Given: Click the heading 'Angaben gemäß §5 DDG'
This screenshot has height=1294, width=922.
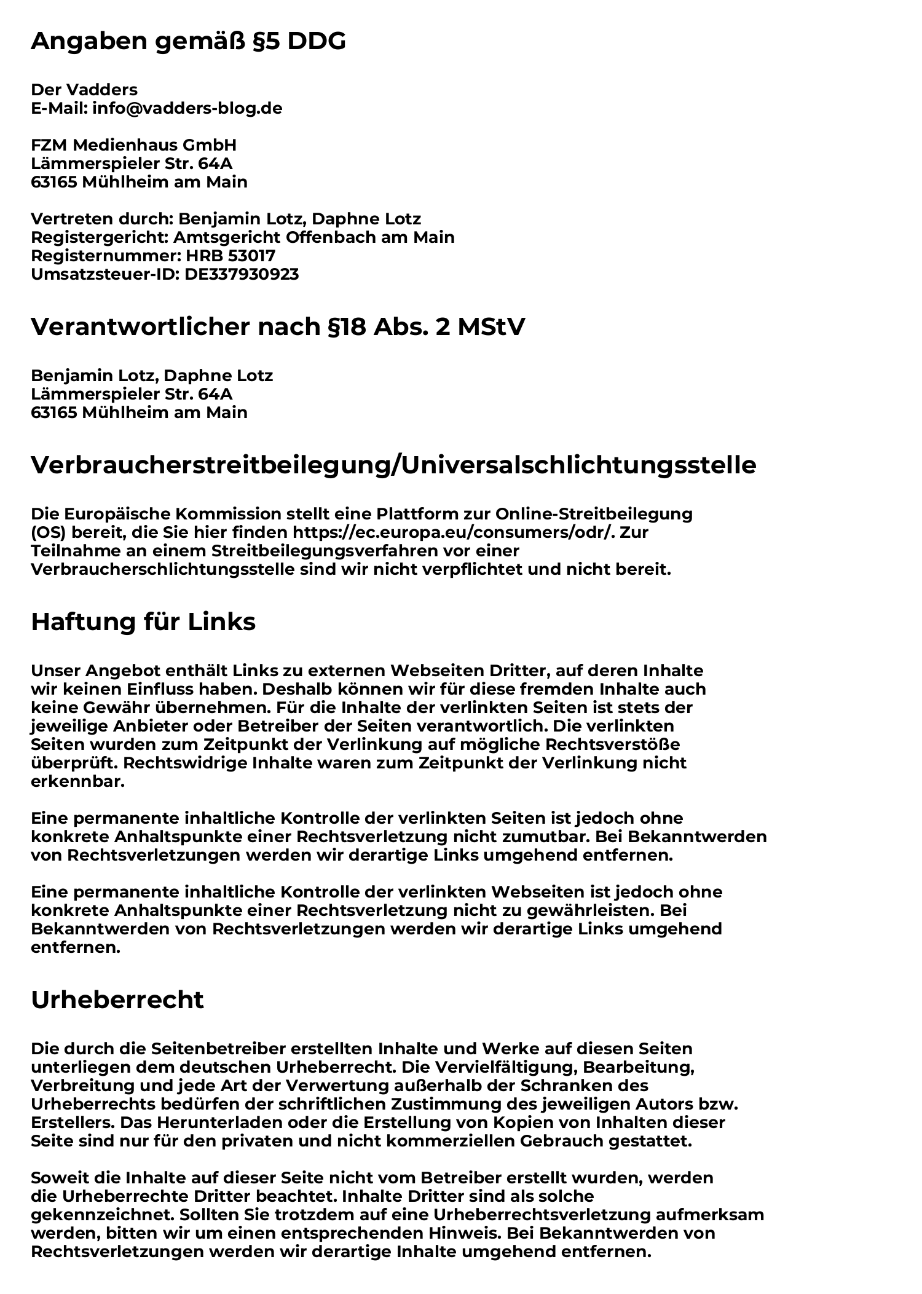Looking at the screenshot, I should (x=188, y=41).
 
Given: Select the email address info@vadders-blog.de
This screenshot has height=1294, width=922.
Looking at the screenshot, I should (x=187, y=108).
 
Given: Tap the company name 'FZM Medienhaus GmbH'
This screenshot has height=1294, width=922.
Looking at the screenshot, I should (x=133, y=145).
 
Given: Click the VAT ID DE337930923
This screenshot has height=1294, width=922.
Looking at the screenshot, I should (x=242, y=274).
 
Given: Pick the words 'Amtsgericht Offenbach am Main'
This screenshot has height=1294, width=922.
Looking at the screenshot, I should (x=314, y=237).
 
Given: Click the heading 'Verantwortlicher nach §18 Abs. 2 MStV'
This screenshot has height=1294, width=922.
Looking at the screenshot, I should (x=278, y=327).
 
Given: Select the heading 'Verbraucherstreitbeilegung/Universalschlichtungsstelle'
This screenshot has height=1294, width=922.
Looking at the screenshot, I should (x=393, y=465).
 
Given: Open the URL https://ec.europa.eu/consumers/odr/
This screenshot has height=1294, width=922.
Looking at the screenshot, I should (x=453, y=532).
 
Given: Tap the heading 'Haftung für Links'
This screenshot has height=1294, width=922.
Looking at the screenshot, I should (x=143, y=622).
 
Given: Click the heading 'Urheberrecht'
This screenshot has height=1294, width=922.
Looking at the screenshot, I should (x=117, y=1000).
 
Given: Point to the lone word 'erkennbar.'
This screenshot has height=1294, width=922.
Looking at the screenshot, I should (x=77, y=782).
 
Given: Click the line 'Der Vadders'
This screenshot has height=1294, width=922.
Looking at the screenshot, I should (x=84, y=90).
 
